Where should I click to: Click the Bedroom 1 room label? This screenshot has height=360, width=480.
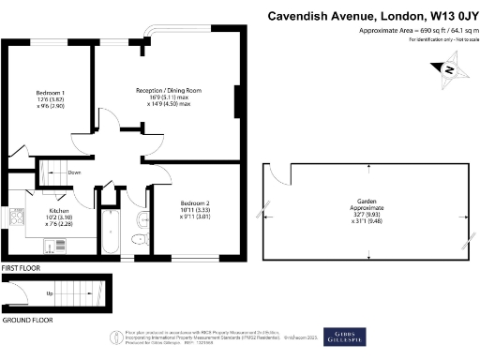(x=50, y=92)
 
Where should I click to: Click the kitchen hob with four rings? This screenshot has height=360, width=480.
(x=15, y=217)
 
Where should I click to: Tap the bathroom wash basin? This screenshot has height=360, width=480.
(x=141, y=220)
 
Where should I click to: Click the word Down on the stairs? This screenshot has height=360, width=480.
(x=74, y=172)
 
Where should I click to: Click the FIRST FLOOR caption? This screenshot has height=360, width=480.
(x=21, y=267)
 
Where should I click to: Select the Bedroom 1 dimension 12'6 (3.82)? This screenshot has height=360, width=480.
(x=50, y=99)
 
